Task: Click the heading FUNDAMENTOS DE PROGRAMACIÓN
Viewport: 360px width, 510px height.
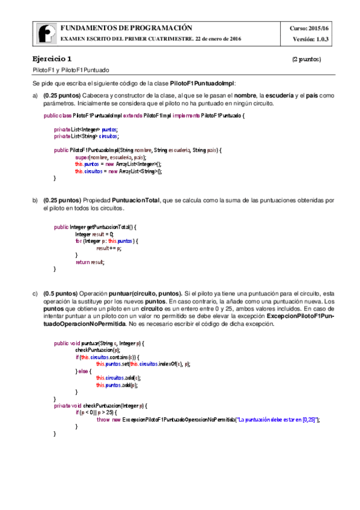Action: click(x=126, y=28)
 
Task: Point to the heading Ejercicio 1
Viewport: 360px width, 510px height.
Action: click(x=52, y=59)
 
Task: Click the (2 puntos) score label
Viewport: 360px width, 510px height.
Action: click(x=307, y=60)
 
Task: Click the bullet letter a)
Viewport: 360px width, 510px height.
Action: click(x=35, y=96)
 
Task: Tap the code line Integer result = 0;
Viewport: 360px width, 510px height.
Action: click(x=94, y=234)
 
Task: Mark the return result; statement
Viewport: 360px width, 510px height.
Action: click(x=90, y=262)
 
